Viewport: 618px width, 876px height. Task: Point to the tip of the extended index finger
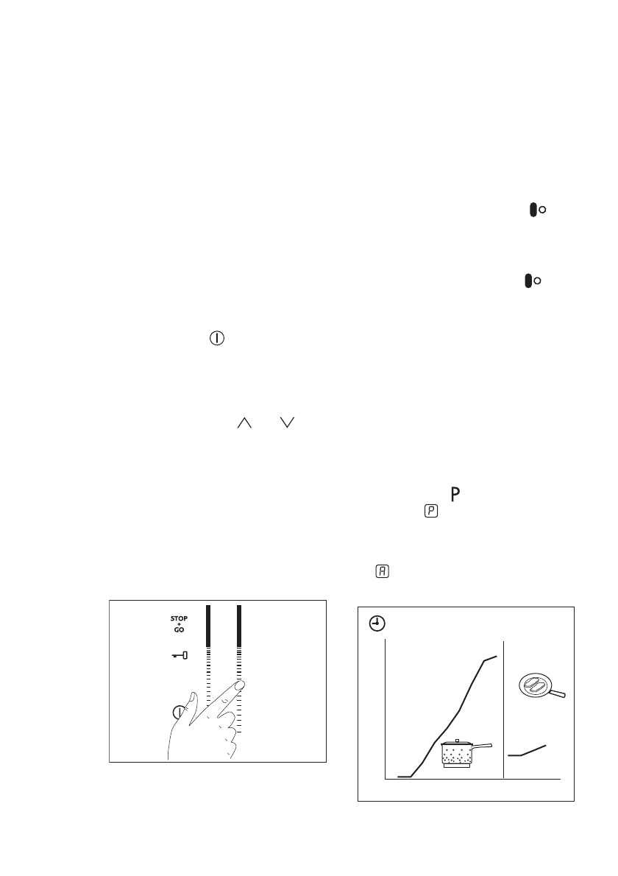(241, 685)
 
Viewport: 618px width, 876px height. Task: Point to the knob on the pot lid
(456, 741)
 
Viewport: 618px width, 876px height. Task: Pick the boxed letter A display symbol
(383, 571)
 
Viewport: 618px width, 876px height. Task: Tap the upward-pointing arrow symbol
(244, 423)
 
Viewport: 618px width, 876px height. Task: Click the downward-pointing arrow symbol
(286, 423)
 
